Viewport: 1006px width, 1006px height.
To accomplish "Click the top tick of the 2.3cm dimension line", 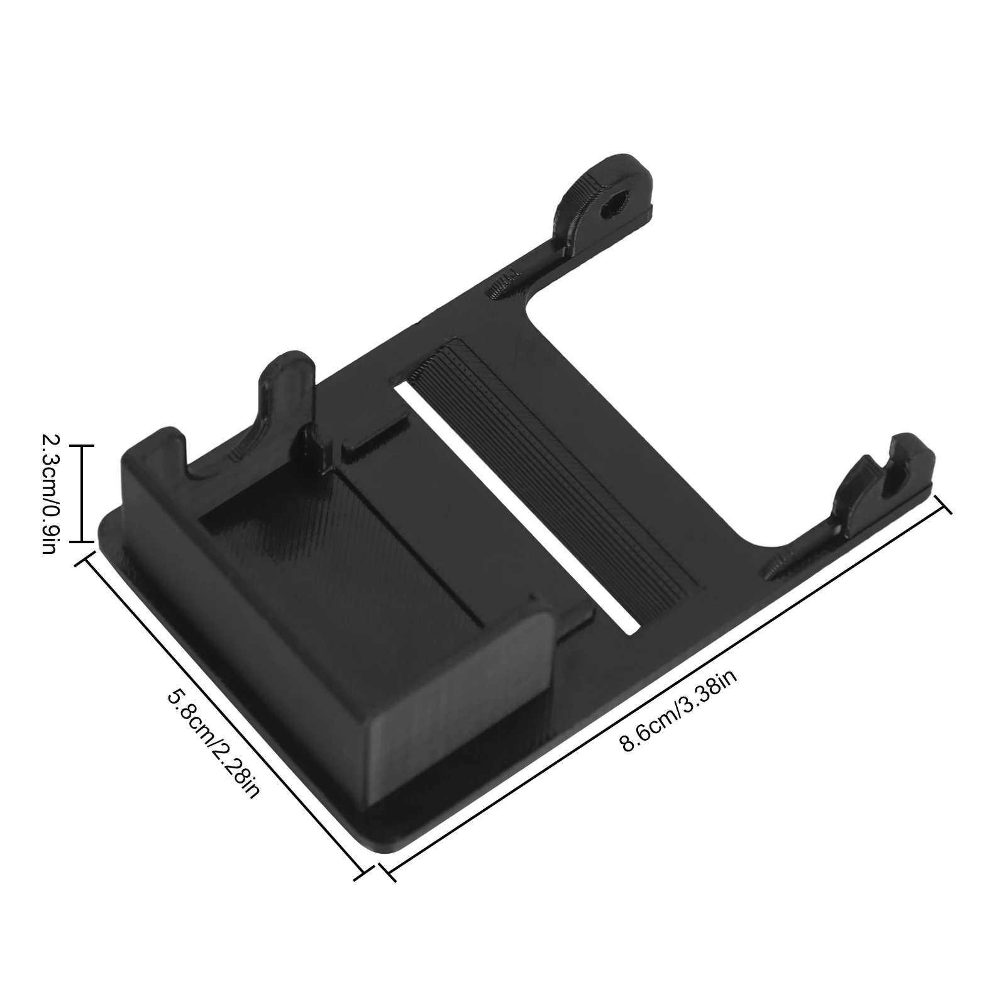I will click(80, 446).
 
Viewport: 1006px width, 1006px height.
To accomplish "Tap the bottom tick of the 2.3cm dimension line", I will click(80, 541).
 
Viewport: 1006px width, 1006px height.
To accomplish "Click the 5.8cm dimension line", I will click(220, 714).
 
